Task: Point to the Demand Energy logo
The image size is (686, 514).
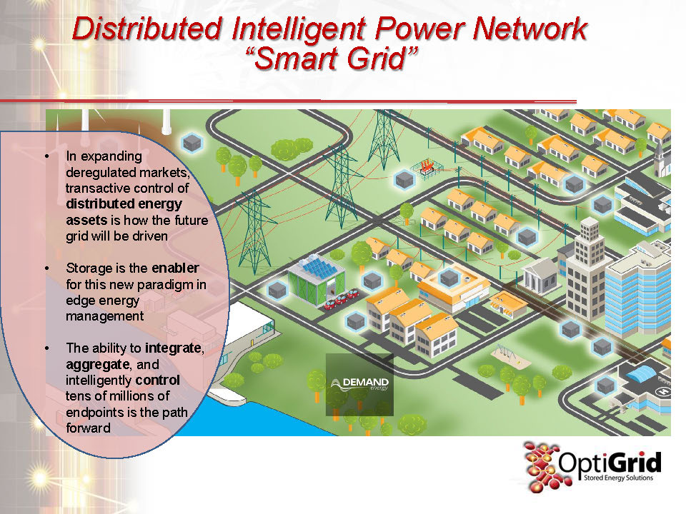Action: click(x=361, y=385)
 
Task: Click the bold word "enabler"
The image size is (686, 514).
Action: click(x=175, y=268)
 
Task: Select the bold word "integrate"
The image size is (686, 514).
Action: click(x=174, y=348)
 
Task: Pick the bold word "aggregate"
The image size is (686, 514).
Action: click(x=93, y=364)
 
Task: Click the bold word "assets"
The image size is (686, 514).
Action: click(x=86, y=220)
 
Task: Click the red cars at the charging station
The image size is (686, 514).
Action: click(x=342, y=298)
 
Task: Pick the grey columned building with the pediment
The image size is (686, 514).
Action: click(x=540, y=274)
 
